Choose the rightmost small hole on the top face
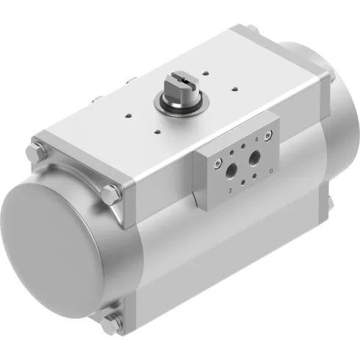click(235, 89)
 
